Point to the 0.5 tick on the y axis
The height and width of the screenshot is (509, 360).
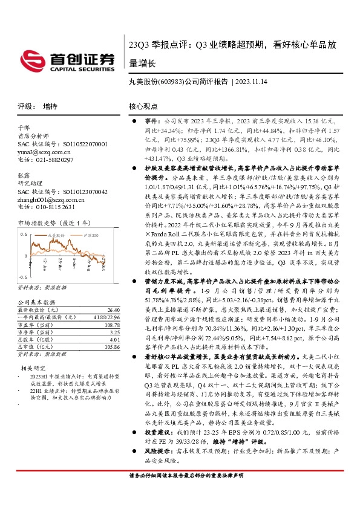pos(24,233)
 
